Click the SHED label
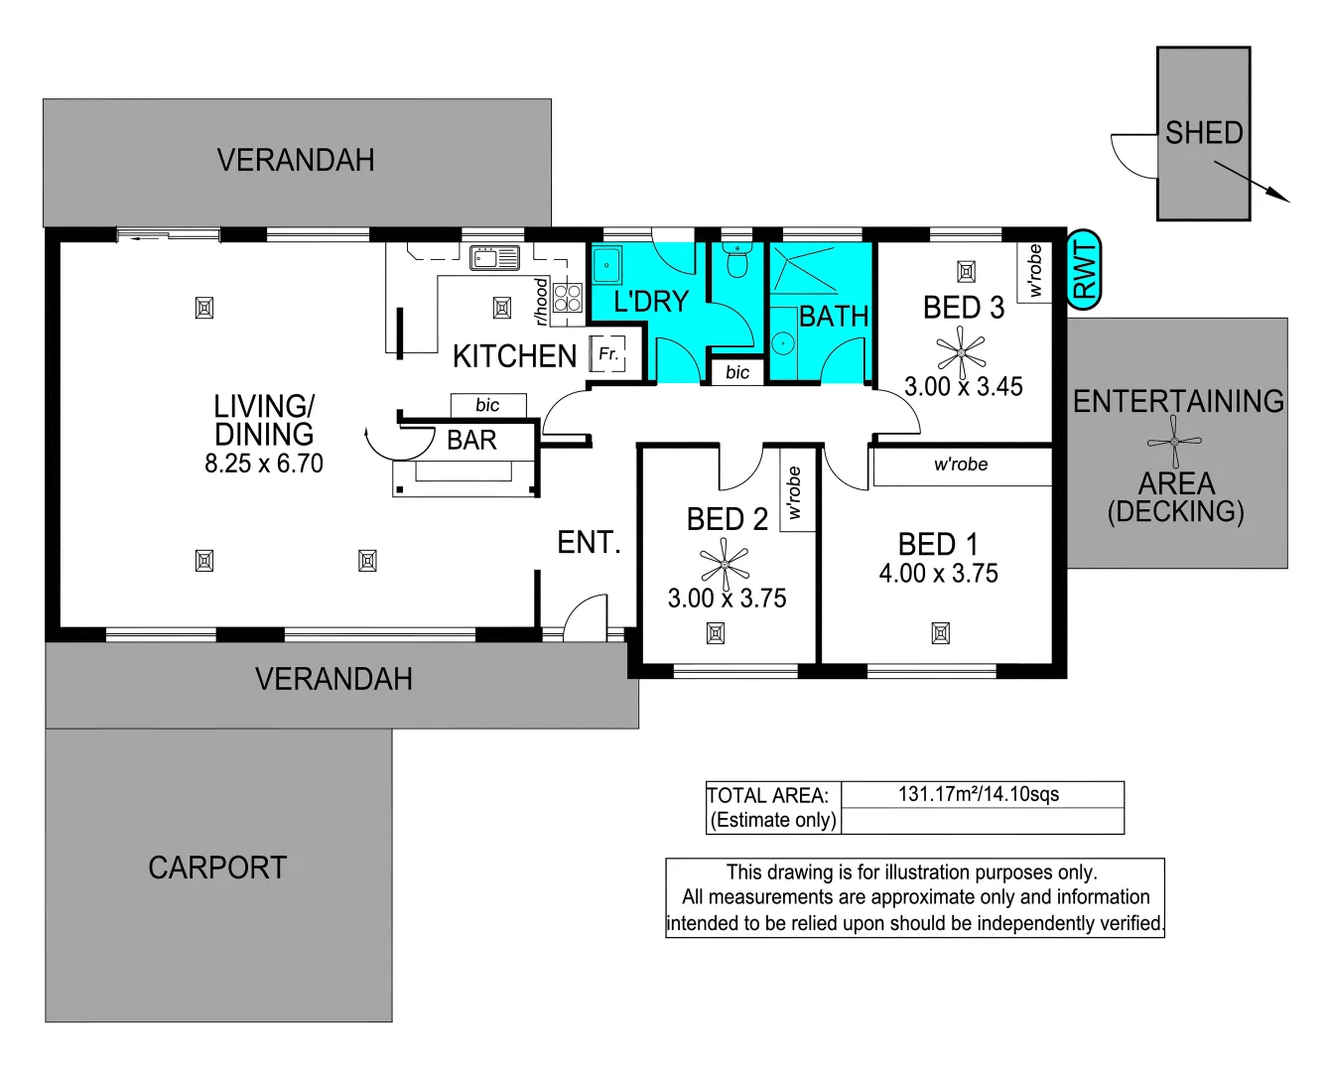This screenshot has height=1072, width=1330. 1203,133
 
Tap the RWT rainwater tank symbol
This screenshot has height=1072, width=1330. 1084,270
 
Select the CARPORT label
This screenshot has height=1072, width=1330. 217,868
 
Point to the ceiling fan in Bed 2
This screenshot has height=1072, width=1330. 726,565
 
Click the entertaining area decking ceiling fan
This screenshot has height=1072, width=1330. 1174,441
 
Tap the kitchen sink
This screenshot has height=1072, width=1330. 494,259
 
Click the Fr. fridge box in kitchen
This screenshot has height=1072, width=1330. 607,354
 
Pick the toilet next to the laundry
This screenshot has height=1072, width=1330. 736,262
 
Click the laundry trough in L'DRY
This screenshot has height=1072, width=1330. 606,266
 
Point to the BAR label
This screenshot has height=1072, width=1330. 471,440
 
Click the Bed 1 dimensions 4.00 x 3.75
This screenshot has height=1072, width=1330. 938,574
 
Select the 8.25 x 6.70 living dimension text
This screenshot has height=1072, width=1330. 264,464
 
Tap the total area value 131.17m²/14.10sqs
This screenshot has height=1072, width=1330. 979,794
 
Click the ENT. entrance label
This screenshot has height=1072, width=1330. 589,542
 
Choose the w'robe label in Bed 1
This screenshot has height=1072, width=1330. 961,465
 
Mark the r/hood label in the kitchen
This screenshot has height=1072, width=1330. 541,301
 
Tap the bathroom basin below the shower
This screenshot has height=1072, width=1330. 783,344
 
